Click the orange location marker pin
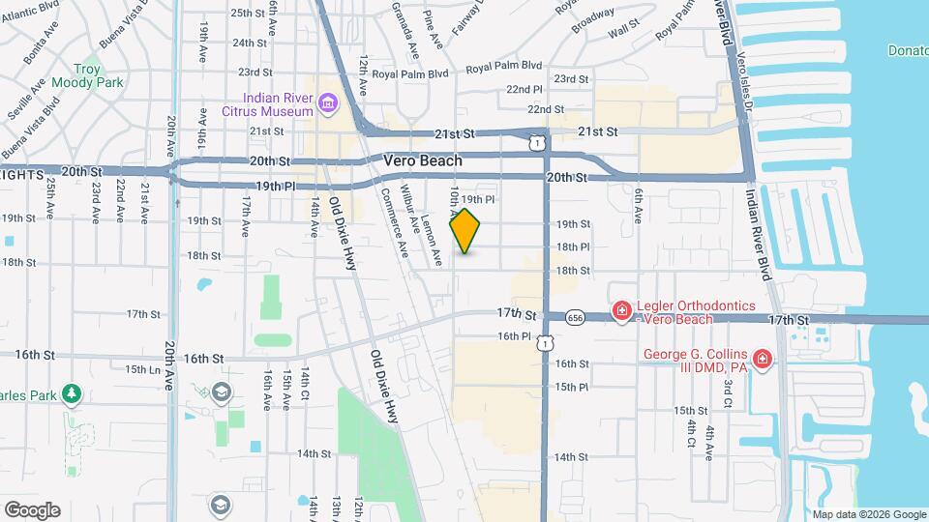click(465, 230)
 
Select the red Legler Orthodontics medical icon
click(622, 311)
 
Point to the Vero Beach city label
click(423, 160)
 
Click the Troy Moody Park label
click(100, 76)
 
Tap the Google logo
click(32, 509)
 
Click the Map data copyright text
click(867, 514)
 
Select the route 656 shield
click(576, 317)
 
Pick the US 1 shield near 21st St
click(536, 141)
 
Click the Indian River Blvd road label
click(758, 232)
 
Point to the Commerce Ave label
click(396, 221)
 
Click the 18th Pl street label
click(573, 247)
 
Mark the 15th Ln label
click(142, 368)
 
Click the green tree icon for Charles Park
click(70, 393)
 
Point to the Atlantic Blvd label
click(23, 13)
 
